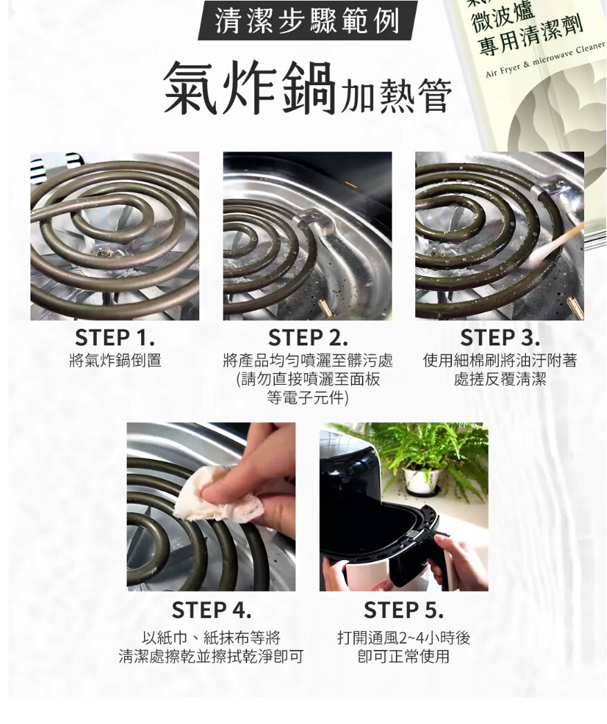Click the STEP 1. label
point(114,338)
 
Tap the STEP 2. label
point(307,338)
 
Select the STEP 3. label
point(500,338)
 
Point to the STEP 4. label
point(211,610)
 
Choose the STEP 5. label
point(404,610)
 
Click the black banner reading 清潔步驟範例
point(307,21)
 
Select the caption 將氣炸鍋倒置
point(115,360)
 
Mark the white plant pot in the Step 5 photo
point(421,480)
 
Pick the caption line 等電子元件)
point(307,397)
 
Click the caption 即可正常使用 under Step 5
point(404,655)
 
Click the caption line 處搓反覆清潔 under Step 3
point(500,379)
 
